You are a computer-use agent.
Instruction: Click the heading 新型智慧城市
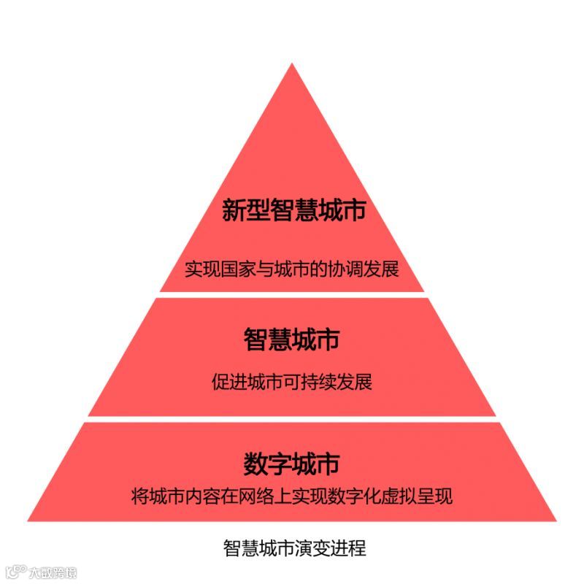292,211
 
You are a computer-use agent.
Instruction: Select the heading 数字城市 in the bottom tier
292,464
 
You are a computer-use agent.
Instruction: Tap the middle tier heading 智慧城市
292,339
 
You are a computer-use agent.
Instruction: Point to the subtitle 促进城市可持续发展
292,381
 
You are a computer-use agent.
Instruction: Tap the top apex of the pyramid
292,66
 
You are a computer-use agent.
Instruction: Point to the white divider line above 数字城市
292,419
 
